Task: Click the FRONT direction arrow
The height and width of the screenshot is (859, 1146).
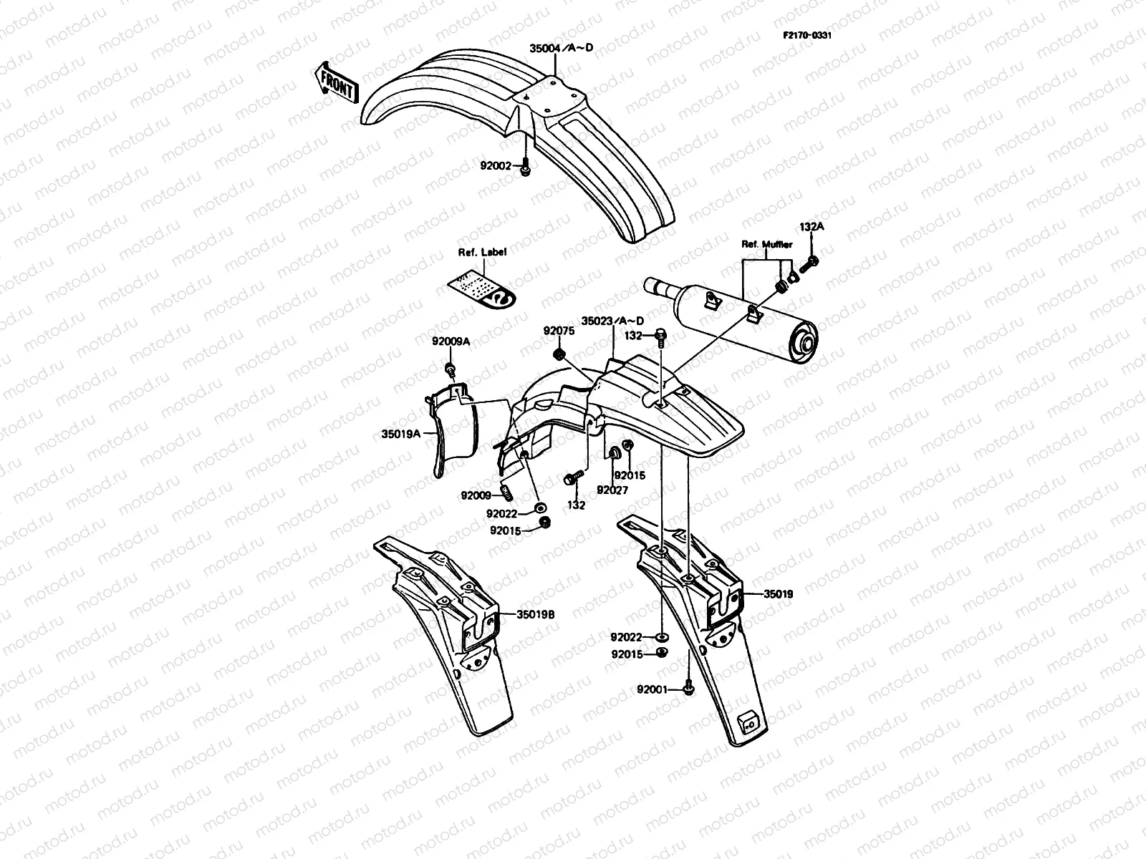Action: click(x=335, y=83)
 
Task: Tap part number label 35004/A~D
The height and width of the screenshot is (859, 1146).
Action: click(x=562, y=48)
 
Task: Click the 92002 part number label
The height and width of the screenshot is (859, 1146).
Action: click(x=496, y=166)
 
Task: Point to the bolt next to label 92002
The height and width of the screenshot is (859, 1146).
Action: click(x=525, y=167)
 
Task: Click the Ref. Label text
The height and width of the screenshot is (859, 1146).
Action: click(x=482, y=252)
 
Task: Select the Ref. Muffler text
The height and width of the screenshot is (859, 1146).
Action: click(x=767, y=244)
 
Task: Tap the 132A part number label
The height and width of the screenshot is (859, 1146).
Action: click(x=812, y=227)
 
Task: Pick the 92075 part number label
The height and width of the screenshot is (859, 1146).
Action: click(x=559, y=331)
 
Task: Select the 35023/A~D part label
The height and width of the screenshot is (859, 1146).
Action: click(x=612, y=321)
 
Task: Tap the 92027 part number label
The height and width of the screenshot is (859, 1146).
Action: click(x=613, y=490)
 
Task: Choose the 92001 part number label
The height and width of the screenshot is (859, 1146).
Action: click(x=652, y=690)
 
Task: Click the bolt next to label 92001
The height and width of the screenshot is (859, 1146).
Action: click(x=688, y=688)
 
